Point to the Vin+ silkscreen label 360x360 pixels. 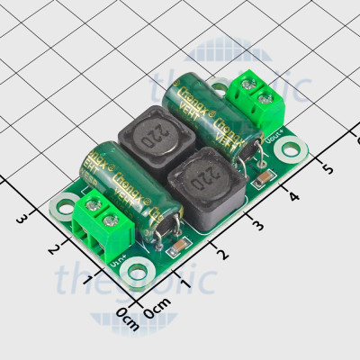click(115, 260)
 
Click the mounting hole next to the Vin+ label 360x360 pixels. click(135, 268)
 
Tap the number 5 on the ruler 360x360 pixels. click(327, 169)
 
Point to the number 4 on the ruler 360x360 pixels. click(292, 196)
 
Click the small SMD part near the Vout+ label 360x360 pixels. click(261, 183)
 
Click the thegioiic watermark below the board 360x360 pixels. click(135, 280)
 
